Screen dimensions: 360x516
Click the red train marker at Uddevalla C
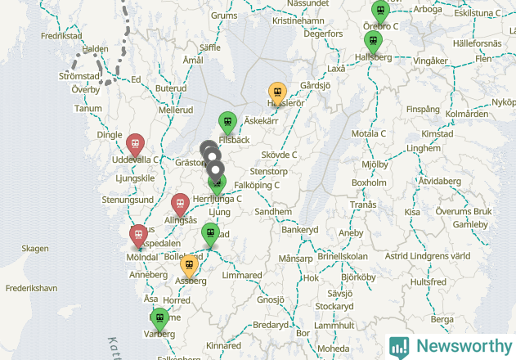(x=137, y=143)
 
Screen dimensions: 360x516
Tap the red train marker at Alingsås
(x=180, y=204)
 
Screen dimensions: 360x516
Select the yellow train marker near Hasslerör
(x=277, y=92)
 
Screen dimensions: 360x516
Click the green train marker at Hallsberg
(x=373, y=41)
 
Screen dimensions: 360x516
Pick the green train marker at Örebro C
(x=380, y=11)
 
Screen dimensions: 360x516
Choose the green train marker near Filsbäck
(x=227, y=122)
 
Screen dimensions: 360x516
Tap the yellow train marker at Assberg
(x=189, y=265)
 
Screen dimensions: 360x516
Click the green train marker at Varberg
(x=160, y=318)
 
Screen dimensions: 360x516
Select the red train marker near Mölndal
(x=139, y=236)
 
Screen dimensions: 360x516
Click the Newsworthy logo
(x=451, y=346)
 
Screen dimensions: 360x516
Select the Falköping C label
(x=262, y=185)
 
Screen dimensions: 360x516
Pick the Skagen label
(x=35, y=249)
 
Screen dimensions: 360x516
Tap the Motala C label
(x=367, y=133)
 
